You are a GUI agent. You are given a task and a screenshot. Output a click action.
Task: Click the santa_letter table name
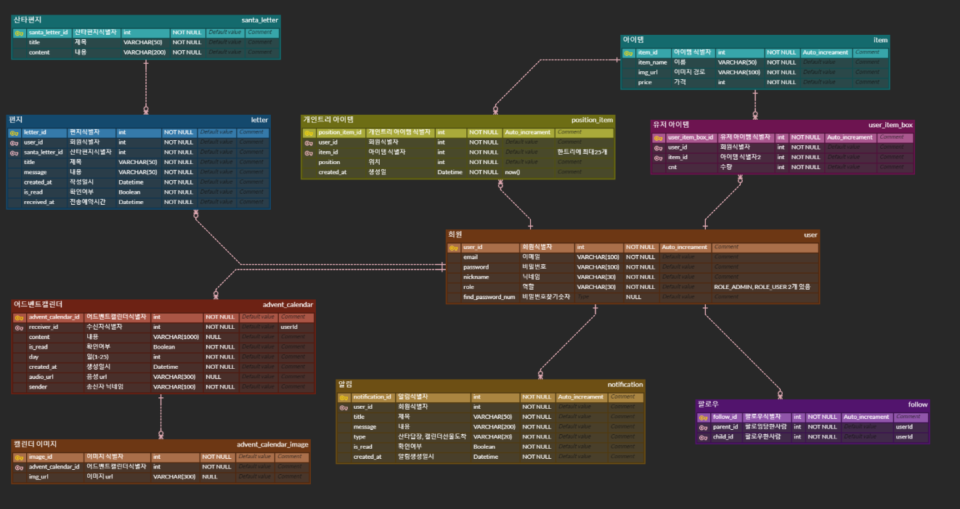pos(260,20)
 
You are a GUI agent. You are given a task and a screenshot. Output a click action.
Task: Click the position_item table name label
pos(592,120)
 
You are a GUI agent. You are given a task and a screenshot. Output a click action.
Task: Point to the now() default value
pos(513,172)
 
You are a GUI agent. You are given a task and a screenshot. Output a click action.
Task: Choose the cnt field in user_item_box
pos(672,168)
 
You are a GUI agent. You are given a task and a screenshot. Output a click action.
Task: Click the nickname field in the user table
pos(476,277)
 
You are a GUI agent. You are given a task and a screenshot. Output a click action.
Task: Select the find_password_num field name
pos(489,297)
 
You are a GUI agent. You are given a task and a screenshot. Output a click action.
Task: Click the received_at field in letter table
pos(39,203)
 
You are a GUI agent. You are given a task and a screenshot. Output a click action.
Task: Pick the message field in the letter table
pos(35,172)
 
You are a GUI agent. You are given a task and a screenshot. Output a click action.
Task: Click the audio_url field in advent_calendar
pos(42,377)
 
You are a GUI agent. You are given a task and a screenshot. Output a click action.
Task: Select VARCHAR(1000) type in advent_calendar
pos(176,338)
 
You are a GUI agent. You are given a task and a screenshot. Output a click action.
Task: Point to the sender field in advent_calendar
pos(38,387)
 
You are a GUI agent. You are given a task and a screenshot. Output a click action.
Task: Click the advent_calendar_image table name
pos(272,444)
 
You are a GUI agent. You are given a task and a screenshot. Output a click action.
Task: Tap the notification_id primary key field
pos(373,397)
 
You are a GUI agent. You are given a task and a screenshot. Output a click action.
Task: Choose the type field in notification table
pos(359,437)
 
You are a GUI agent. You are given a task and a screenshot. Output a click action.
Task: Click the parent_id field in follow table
pos(725,427)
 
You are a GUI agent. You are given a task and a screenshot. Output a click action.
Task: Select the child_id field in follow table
pos(724,437)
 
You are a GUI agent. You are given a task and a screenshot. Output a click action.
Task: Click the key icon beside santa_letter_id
pos(20,33)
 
